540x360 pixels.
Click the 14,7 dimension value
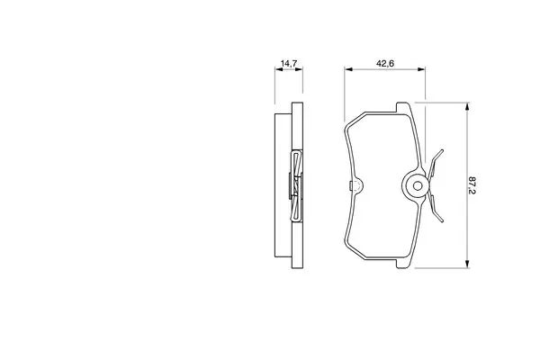(x=289, y=63)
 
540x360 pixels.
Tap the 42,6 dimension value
(x=384, y=63)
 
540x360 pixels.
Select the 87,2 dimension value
(x=472, y=185)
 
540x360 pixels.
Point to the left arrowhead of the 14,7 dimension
(x=279, y=69)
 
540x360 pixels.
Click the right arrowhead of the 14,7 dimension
(x=299, y=69)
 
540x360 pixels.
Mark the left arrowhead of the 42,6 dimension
(x=348, y=69)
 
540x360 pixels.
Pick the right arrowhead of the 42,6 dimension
(x=421, y=69)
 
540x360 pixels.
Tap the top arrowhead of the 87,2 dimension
(x=467, y=106)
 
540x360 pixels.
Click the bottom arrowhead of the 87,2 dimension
(x=467, y=265)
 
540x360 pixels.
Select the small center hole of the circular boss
(x=418, y=186)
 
